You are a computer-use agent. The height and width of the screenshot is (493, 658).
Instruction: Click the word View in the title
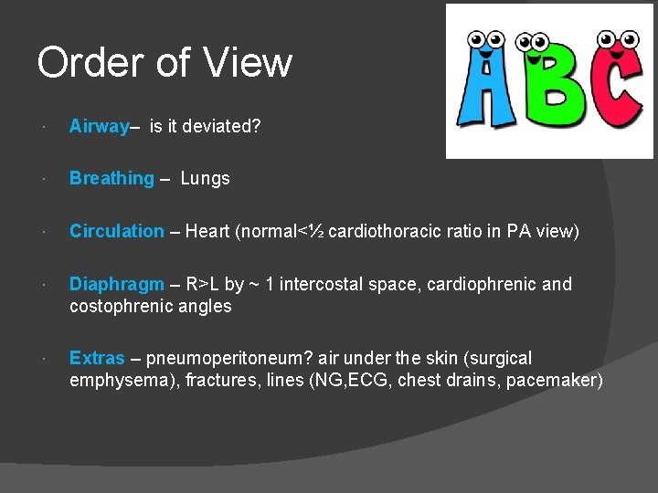click(248, 63)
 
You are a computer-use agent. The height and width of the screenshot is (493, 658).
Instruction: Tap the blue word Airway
click(99, 127)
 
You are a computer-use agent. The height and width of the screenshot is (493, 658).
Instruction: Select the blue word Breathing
click(111, 179)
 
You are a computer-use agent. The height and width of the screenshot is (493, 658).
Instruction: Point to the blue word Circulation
click(117, 232)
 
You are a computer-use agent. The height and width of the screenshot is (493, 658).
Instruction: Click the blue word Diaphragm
click(117, 285)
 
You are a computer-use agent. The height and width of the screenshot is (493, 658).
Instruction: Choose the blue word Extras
click(97, 358)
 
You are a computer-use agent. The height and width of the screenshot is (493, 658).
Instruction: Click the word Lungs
click(206, 179)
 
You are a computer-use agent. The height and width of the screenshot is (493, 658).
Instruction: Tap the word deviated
click(225, 127)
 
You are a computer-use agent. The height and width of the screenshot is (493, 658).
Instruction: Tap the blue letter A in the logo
click(487, 91)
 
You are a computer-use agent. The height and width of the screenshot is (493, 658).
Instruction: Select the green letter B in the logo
click(545, 91)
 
